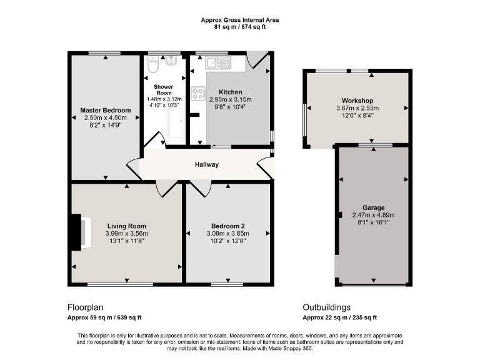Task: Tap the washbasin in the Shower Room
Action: (x=172, y=64)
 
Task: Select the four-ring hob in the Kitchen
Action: (x=199, y=93)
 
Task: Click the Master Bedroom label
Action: (x=106, y=111)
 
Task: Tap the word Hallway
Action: (x=206, y=165)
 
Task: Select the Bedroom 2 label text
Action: (x=227, y=226)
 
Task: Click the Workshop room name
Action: (x=357, y=101)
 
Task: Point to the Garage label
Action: (x=373, y=207)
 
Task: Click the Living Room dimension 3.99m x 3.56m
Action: (x=127, y=234)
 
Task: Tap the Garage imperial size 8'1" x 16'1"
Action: (x=373, y=222)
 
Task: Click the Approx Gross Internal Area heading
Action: (x=240, y=20)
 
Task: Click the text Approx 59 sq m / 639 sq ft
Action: (x=104, y=317)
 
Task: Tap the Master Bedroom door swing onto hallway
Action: (x=134, y=167)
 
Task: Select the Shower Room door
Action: (x=154, y=141)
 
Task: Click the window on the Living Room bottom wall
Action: (x=121, y=285)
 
